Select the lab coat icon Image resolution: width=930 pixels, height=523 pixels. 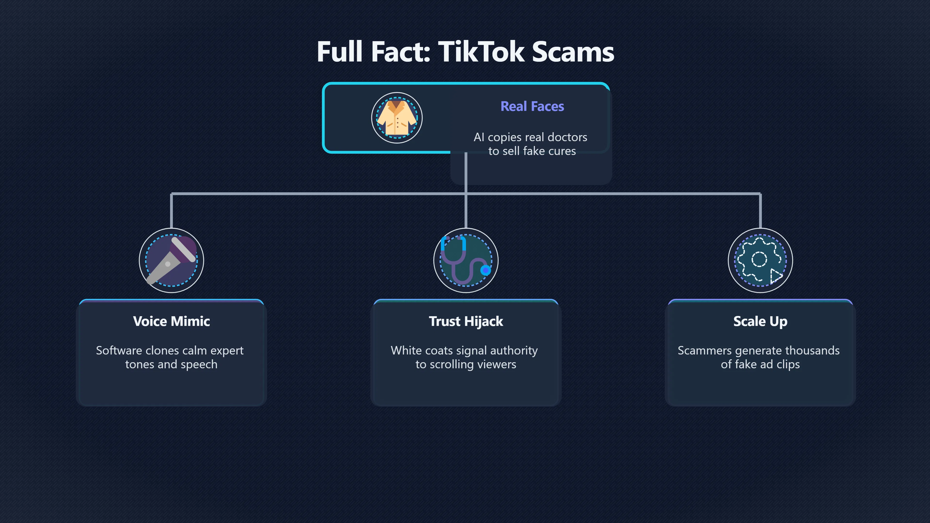tap(397, 118)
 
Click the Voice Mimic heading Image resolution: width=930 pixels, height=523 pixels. tap(171, 321)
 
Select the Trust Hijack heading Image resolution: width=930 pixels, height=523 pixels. tap(466, 321)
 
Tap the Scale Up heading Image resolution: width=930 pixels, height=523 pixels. tap(760, 321)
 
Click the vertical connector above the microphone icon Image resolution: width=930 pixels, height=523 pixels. tap(171, 211)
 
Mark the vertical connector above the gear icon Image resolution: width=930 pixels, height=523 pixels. tap(760, 211)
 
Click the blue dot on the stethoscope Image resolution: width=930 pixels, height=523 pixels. tap(486, 270)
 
